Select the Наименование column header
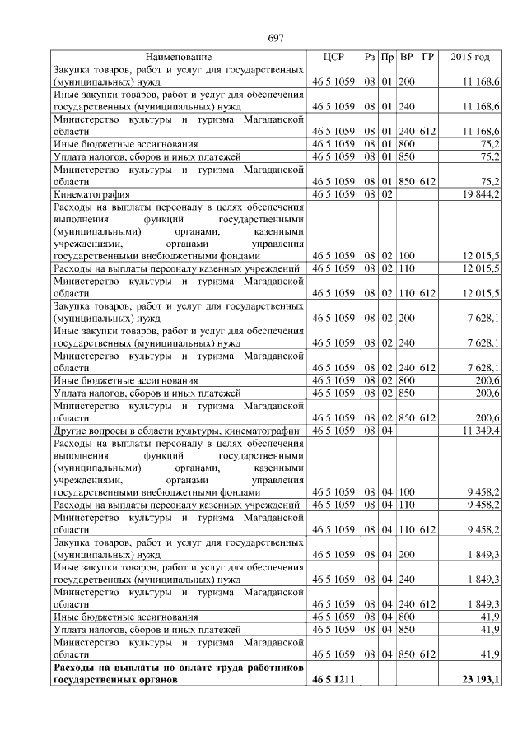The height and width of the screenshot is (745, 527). (x=179, y=57)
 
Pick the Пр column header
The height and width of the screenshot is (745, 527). (x=388, y=57)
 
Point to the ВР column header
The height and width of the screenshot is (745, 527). (x=406, y=57)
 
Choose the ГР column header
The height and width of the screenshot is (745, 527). (x=427, y=57)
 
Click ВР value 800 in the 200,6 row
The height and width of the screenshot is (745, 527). (x=406, y=380)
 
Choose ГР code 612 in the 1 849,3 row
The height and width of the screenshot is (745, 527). (x=427, y=603)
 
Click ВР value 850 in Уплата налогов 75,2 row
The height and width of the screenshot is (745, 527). (x=406, y=155)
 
